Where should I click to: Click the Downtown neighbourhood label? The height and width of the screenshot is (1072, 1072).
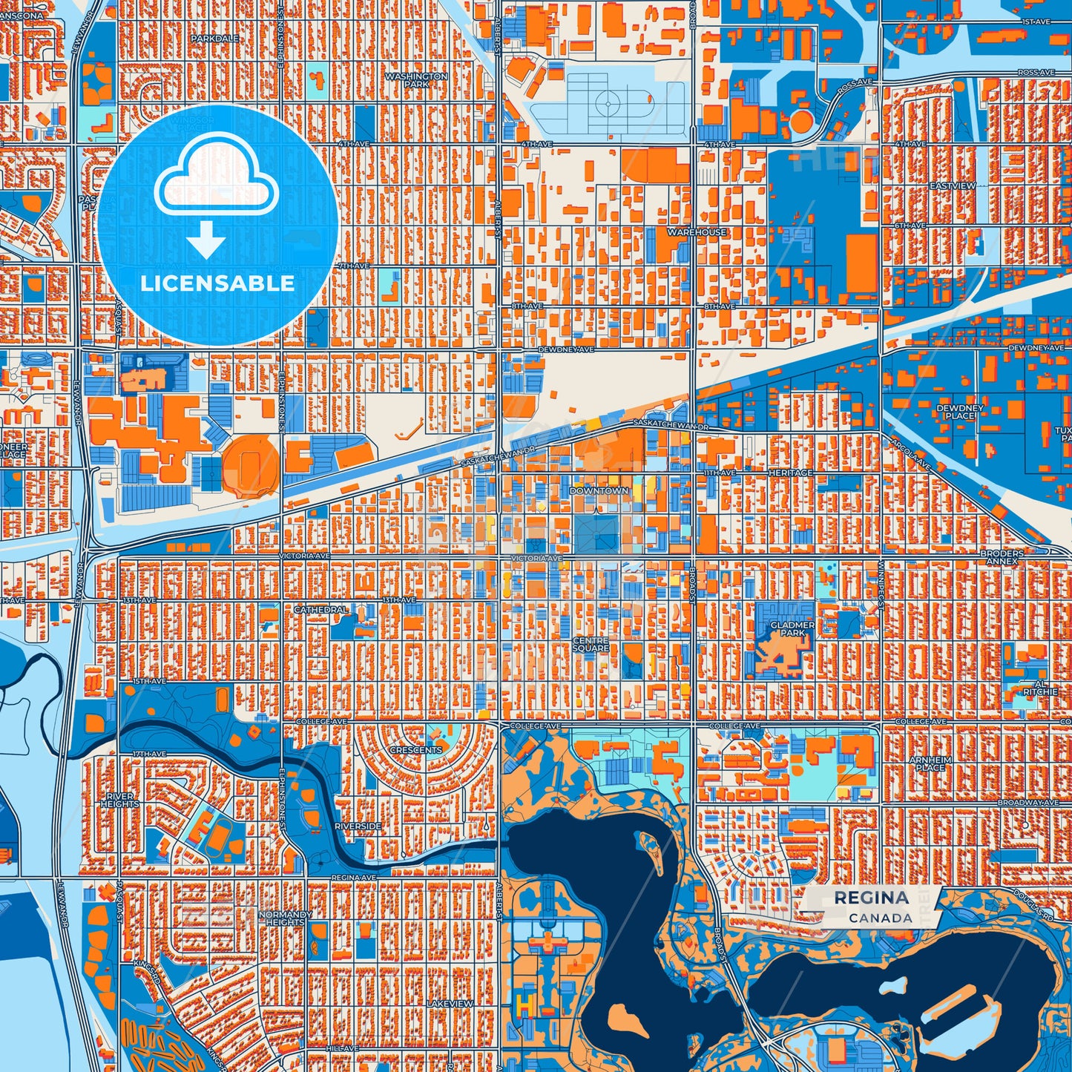599,491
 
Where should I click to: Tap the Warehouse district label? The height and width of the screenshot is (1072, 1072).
697,232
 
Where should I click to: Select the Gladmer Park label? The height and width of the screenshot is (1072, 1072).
792,629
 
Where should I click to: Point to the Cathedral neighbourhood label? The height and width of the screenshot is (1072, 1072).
320,609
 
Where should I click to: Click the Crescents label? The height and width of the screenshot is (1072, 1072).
415,750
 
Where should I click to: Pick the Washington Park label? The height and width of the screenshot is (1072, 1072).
416,80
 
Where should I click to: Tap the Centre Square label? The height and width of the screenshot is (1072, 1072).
591,644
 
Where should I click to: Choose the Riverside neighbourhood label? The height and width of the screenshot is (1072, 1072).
358,826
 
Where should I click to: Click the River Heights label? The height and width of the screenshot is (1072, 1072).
119,800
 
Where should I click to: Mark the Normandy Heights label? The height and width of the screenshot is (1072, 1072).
285,918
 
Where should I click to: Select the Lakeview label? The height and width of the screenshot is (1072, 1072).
450,1003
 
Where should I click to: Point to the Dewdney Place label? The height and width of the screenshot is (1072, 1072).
959,412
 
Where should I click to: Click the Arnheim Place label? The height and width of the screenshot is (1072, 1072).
930,763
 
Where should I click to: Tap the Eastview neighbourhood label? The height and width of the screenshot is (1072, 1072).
953,185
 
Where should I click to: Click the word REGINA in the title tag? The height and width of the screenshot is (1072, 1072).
871,898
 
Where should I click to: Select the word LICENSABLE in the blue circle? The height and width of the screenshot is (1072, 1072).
217,283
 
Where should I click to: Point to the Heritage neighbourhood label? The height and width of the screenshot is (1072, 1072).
790,473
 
